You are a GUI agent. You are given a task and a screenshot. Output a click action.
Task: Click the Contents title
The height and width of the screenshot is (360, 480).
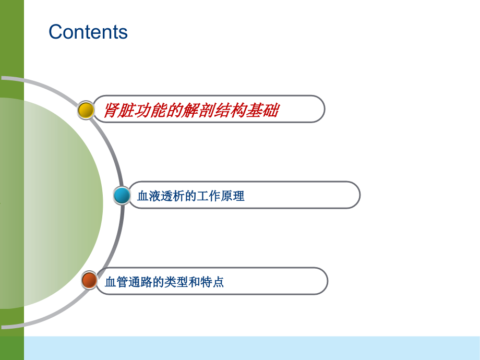point(88,32)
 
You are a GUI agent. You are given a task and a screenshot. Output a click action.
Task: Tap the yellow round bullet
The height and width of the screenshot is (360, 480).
point(86,110)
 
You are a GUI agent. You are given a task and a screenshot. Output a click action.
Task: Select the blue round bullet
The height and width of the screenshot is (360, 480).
point(122,196)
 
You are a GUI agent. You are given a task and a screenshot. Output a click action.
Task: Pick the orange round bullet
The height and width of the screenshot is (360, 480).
point(89,280)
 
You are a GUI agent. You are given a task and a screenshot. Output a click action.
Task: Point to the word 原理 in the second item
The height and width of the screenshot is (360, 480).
point(233,197)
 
